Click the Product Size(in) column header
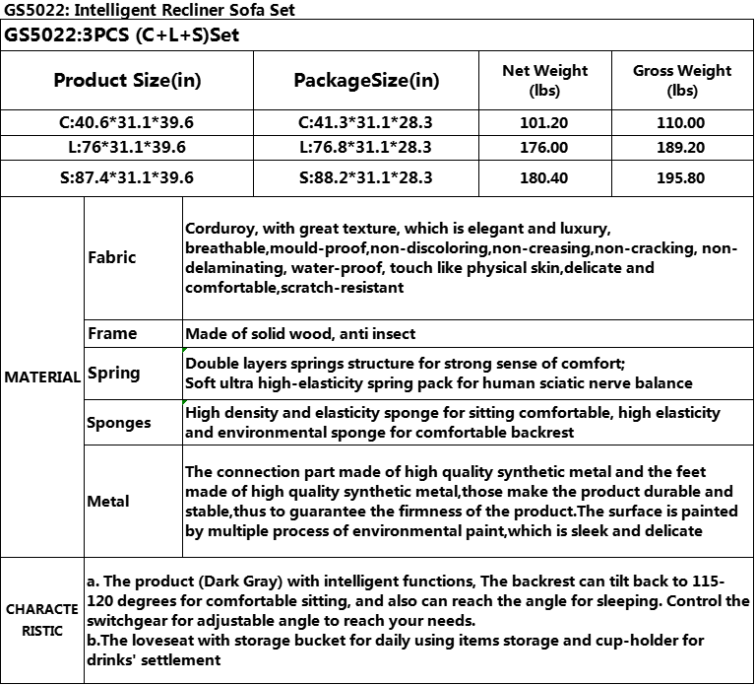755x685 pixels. click(x=127, y=81)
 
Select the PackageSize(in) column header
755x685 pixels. click(x=367, y=81)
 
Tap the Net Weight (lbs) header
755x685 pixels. click(x=544, y=80)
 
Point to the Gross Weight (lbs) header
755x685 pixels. click(x=682, y=80)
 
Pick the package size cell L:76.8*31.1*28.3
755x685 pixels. click(x=365, y=148)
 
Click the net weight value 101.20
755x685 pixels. click(x=544, y=123)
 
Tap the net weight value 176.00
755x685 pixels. click(x=544, y=148)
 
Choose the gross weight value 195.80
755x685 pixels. click(x=682, y=177)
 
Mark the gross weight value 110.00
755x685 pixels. click(x=682, y=123)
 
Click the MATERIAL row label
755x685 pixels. click(x=41, y=377)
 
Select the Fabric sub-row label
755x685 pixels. click(x=112, y=257)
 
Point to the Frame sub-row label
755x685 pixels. click(x=112, y=333)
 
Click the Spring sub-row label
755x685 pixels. click(x=114, y=373)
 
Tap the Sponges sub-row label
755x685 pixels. click(x=119, y=423)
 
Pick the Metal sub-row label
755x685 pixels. click(x=108, y=501)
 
